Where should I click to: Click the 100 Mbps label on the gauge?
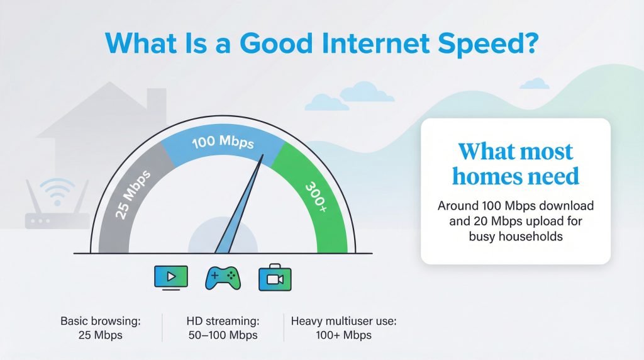click(x=223, y=142)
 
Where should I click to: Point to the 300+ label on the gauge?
click(x=315, y=195)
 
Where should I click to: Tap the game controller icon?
click(x=223, y=278)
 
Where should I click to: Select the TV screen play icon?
click(x=170, y=277)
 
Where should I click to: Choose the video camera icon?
click(x=275, y=278)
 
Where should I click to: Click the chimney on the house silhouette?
click(x=156, y=99)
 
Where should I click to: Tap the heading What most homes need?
click(x=516, y=164)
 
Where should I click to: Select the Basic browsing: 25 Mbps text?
click(x=101, y=328)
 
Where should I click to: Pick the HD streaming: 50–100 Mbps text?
click(x=223, y=328)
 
